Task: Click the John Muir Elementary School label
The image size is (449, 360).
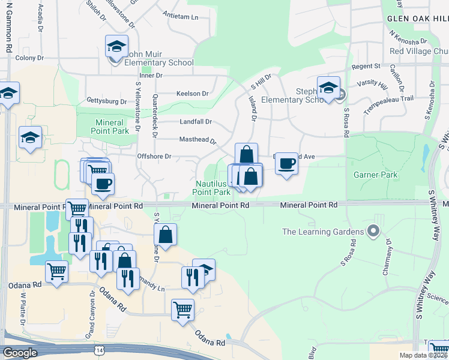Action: click(x=158, y=62)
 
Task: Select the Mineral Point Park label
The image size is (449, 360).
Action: click(x=111, y=126)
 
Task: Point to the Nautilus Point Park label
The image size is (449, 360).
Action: click(x=211, y=188)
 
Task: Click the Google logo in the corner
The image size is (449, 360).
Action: click(x=20, y=353)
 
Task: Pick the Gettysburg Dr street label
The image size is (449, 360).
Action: click(x=107, y=101)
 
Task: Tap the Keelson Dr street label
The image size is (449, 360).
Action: click(x=192, y=94)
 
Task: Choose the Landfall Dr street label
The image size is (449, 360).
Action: click(x=196, y=122)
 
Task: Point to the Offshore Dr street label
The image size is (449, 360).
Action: click(x=155, y=157)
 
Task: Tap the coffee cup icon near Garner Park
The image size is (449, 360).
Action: click(x=287, y=163)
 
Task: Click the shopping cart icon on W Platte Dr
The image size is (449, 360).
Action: click(x=56, y=271)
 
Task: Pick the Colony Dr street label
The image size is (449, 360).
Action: click(x=29, y=58)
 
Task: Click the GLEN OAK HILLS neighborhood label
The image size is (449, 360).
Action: click(x=418, y=19)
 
